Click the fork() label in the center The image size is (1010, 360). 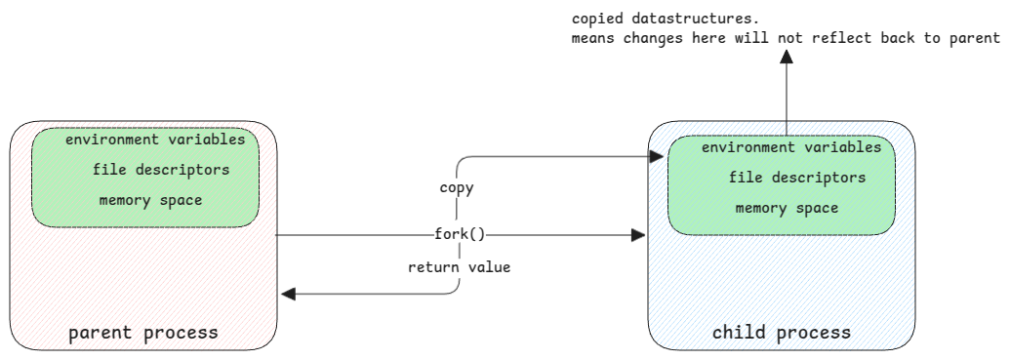460,235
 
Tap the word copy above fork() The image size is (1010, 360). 458,188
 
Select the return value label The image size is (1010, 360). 459,266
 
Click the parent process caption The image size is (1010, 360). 142,334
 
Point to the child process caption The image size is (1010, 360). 782,333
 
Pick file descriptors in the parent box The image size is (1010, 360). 161,170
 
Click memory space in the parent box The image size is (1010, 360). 150,200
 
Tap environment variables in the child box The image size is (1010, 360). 791,147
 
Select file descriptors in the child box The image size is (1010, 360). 797,179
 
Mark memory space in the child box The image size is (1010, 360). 787,208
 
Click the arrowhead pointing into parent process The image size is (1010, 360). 289,294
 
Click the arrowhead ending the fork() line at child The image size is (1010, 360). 639,235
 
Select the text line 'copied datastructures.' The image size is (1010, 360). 653,19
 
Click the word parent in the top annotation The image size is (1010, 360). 977,38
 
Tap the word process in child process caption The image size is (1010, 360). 818,333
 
